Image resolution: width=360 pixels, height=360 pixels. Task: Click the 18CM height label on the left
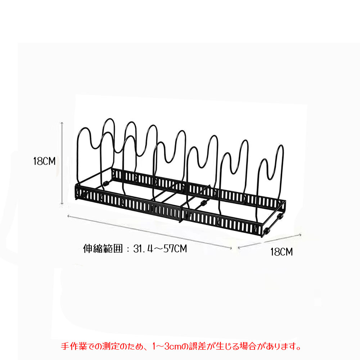44,161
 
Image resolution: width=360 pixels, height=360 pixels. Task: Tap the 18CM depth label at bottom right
282,252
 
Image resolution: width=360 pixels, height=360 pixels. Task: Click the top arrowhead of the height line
62,123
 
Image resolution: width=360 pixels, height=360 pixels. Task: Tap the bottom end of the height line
62,204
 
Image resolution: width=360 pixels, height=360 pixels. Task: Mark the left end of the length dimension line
68,216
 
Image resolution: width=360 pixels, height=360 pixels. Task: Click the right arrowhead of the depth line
300,235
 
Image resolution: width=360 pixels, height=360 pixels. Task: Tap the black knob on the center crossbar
203,203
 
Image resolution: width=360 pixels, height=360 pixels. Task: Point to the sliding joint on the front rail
181,214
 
